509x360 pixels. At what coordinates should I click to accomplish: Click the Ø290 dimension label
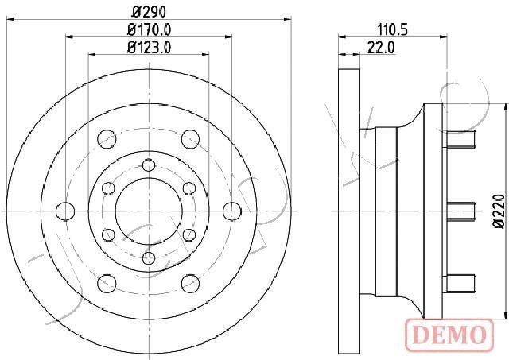click(x=148, y=12)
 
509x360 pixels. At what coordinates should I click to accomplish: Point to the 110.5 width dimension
click(x=391, y=30)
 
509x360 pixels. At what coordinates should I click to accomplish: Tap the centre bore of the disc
click(x=148, y=211)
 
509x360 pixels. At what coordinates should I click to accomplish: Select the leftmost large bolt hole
click(x=64, y=211)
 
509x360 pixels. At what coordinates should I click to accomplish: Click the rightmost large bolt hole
click(x=231, y=211)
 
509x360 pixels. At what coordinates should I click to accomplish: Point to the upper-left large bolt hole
click(x=106, y=139)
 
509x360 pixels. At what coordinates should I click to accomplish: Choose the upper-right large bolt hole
click(x=190, y=139)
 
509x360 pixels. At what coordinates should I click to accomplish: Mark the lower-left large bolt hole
click(x=106, y=282)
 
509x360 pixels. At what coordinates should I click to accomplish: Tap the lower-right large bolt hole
click(x=190, y=282)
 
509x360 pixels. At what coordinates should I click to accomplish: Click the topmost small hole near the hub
click(x=148, y=165)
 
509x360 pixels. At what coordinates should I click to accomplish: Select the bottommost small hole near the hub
click(x=148, y=257)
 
